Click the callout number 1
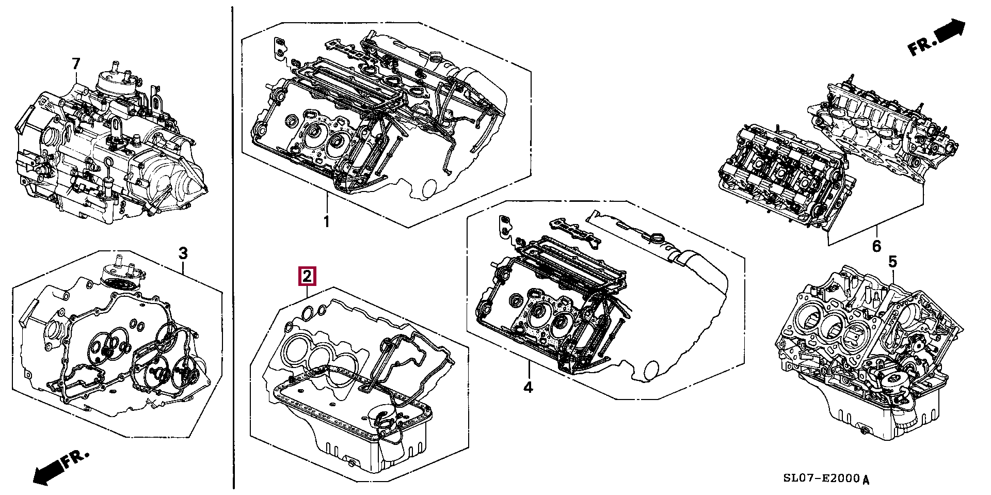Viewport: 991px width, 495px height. tap(326, 222)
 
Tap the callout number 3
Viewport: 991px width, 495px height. tap(183, 253)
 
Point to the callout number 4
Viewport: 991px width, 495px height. tap(528, 387)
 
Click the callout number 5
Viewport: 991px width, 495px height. tap(892, 262)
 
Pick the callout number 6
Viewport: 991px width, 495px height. tap(876, 247)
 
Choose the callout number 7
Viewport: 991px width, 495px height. tap(76, 64)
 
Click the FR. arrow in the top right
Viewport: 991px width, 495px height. tap(937, 38)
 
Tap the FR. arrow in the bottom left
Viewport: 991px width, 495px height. tap(59, 468)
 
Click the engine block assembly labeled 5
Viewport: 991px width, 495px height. tap(867, 361)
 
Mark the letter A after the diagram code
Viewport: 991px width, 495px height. tap(866, 480)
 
